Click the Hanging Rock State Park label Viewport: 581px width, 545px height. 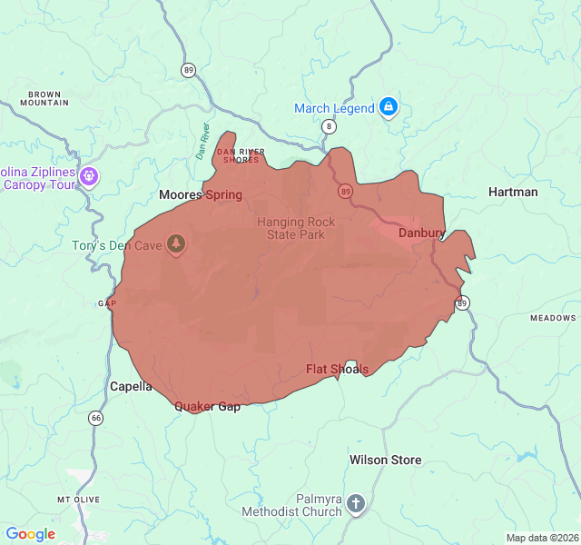[x=296, y=228]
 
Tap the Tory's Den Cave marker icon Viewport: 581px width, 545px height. [x=177, y=244]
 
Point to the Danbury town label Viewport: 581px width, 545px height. [x=420, y=233]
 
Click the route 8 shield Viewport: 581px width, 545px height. [x=328, y=126]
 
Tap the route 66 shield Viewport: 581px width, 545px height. [x=95, y=418]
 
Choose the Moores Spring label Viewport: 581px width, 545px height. [x=201, y=194]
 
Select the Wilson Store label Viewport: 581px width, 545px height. [x=386, y=460]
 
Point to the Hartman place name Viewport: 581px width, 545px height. [x=513, y=192]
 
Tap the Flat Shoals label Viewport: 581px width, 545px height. [x=338, y=369]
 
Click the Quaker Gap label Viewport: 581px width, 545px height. [x=208, y=406]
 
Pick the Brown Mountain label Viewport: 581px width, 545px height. [x=49, y=98]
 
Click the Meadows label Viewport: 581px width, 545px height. [x=553, y=318]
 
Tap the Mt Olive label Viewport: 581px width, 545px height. [x=75, y=500]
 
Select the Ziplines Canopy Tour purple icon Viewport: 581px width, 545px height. [x=89, y=175]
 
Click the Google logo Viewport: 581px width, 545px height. [x=31, y=534]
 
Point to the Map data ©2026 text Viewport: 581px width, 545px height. [x=541, y=538]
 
